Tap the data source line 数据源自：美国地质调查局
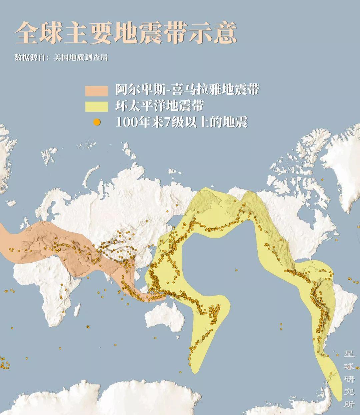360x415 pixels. pyautogui.click(x=61, y=57)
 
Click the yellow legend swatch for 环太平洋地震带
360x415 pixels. pyautogui.click(x=97, y=106)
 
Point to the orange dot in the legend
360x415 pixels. pyautogui.click(x=97, y=122)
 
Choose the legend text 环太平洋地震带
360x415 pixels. pyautogui.click(x=160, y=106)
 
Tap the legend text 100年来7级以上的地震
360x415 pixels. pyautogui.click(x=181, y=122)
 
